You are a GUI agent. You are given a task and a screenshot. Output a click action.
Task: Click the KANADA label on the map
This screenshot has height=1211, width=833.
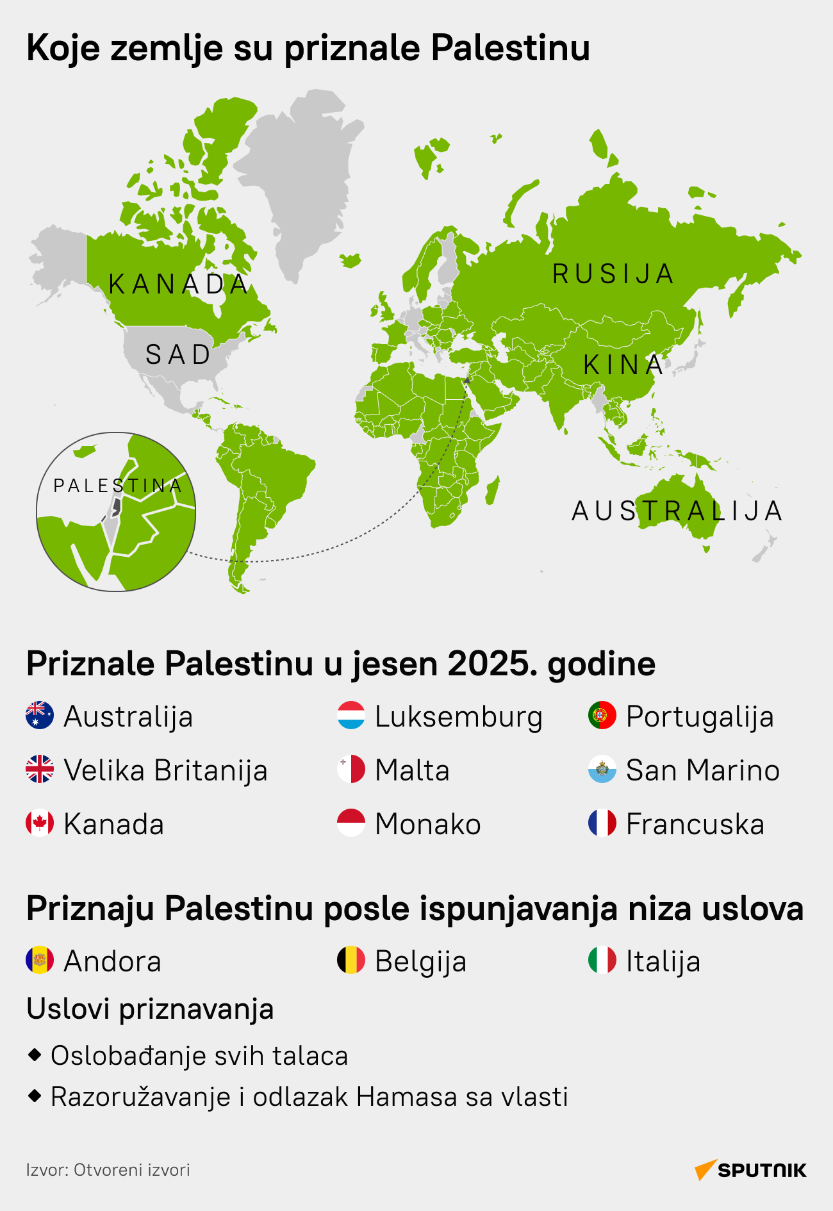point(179,284)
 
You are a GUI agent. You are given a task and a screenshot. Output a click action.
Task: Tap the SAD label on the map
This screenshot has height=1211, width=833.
point(178,355)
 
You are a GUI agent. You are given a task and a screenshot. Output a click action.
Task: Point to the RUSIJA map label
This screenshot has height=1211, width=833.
point(613,274)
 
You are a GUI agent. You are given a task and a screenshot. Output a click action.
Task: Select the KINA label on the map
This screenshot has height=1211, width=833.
point(623,365)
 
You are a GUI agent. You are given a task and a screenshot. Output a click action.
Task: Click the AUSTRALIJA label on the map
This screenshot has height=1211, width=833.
point(677,511)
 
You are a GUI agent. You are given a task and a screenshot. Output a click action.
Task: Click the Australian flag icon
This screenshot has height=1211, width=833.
point(40,716)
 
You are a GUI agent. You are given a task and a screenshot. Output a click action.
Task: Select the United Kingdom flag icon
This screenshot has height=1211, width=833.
point(40,770)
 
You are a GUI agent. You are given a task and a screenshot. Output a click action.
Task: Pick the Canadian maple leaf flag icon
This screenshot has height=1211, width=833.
point(40,823)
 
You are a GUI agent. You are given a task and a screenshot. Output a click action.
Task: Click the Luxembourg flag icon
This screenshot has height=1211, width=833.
point(351,716)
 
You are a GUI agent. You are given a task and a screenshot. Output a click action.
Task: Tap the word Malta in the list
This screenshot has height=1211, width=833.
point(412,770)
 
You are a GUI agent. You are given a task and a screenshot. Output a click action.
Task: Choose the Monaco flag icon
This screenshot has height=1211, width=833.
point(351,823)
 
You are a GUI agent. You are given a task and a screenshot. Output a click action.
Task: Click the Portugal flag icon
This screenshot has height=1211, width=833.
point(602,716)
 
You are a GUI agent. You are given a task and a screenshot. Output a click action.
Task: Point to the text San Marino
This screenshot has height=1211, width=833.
point(702,770)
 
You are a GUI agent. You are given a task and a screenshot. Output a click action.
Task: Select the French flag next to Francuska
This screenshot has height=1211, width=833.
point(602,823)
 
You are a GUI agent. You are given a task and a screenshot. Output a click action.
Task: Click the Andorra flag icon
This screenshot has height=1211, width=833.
point(40,960)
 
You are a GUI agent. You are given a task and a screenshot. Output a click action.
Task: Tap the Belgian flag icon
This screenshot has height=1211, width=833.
point(351,960)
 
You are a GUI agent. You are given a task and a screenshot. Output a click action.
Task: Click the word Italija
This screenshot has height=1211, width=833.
point(663,961)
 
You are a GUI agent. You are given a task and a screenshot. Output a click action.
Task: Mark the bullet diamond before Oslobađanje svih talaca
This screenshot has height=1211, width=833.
point(35,1054)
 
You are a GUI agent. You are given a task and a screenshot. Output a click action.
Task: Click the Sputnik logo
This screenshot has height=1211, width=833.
point(750,1170)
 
